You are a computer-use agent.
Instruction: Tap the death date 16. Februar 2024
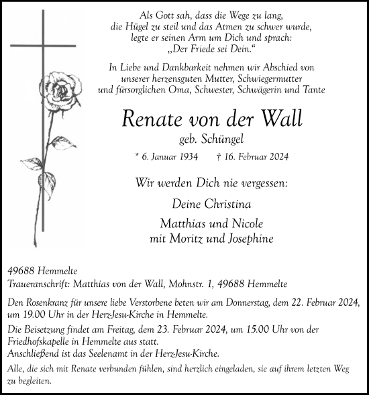tap(256, 158)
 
